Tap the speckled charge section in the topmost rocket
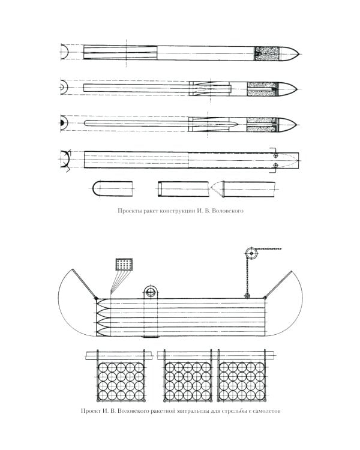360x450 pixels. coord(267,53)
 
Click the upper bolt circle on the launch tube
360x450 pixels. coord(275,155)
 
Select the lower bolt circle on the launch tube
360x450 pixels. coord(275,166)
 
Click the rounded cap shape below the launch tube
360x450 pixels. coord(113,188)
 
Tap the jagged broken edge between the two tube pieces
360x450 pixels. coord(217,189)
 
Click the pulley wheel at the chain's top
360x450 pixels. coord(251,254)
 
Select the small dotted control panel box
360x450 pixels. coord(124,264)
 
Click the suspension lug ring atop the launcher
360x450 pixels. coord(151,292)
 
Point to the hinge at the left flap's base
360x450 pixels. coord(95,298)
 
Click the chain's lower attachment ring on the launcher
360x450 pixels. coord(247,296)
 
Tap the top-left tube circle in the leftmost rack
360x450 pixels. coord(103,367)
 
